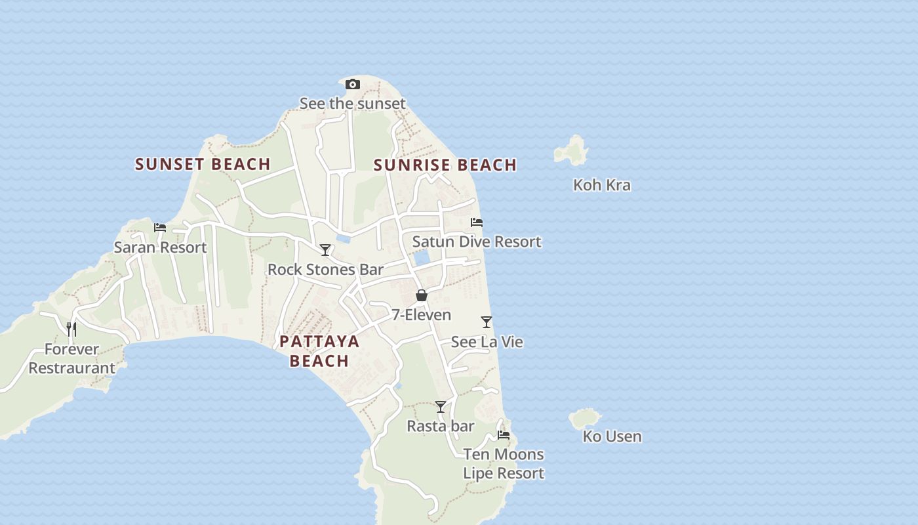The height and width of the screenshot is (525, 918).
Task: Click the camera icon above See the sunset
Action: point(353,85)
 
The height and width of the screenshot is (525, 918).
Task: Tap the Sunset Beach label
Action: point(203,164)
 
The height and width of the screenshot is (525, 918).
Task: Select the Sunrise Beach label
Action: point(445,165)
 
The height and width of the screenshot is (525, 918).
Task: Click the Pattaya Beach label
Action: point(319,350)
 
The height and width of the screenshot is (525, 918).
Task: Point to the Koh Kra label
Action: point(602,185)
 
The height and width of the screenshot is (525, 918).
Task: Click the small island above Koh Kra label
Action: point(572,151)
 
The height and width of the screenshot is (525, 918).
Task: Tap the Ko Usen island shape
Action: point(584,418)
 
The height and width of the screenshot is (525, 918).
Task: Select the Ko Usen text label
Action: point(612,436)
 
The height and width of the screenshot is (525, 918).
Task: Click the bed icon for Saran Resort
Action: point(160,228)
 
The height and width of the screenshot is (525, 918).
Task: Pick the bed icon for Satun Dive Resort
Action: point(477,222)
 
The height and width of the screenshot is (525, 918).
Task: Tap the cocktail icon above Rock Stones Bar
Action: point(325,250)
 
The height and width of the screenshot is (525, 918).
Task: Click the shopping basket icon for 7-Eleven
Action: point(422,295)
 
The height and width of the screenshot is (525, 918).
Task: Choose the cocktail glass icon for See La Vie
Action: point(487,322)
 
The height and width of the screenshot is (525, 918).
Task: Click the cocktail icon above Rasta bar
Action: point(441,407)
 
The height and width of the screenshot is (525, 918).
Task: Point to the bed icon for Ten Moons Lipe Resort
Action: point(504,434)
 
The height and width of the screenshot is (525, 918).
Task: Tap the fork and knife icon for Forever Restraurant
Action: point(71,329)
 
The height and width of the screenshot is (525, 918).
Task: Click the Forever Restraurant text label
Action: point(71,358)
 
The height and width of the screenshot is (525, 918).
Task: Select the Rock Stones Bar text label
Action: point(325,269)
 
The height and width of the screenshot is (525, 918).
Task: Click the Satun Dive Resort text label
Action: point(477,241)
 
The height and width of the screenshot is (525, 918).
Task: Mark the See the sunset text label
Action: point(353,104)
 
